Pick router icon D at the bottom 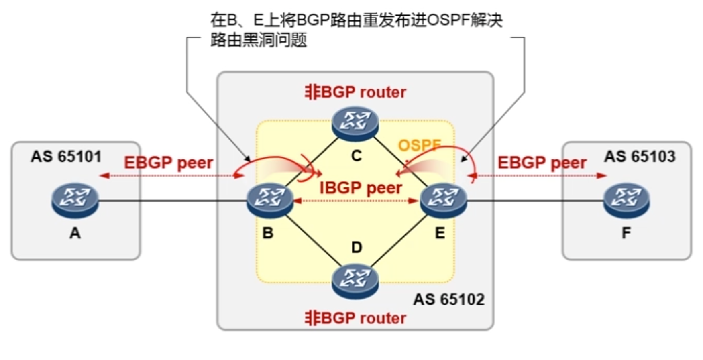click(x=355, y=281)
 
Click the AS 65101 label click(x=66, y=157)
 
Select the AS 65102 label click(x=449, y=299)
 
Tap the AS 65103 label click(x=640, y=157)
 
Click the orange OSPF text click(x=419, y=145)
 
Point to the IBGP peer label click(x=361, y=188)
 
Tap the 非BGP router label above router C click(x=355, y=92)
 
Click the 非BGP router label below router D click(x=355, y=318)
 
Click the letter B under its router click(x=268, y=233)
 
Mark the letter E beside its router click(x=440, y=233)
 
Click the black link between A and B click(x=173, y=201)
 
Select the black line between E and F click(x=534, y=201)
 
